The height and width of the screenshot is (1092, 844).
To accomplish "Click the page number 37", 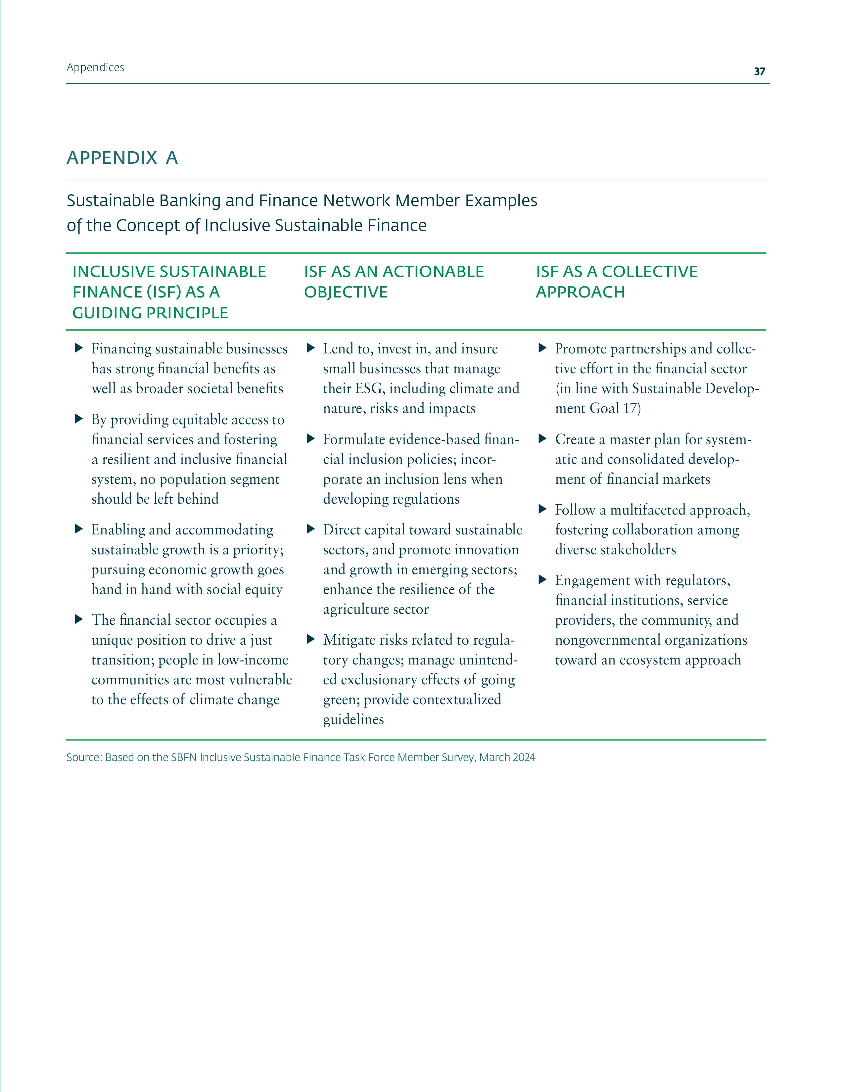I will pyautogui.click(x=759, y=71).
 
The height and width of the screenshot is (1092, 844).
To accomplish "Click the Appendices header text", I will pyautogui.click(x=95, y=68).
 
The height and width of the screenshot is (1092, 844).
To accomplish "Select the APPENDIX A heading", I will pyautogui.click(x=122, y=158).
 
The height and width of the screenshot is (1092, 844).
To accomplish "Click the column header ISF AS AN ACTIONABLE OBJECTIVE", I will pyautogui.click(x=394, y=282).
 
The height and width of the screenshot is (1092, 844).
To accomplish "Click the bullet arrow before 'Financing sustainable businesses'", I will pyautogui.click(x=78, y=348).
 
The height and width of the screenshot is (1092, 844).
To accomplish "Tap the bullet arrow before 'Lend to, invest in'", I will pyautogui.click(x=310, y=348).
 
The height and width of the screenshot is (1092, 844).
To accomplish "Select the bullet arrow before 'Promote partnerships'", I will pyautogui.click(x=542, y=348).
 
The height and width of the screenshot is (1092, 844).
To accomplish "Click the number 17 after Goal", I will pyautogui.click(x=631, y=408).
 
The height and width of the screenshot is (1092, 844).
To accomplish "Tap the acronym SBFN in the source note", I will pyautogui.click(x=183, y=757).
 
